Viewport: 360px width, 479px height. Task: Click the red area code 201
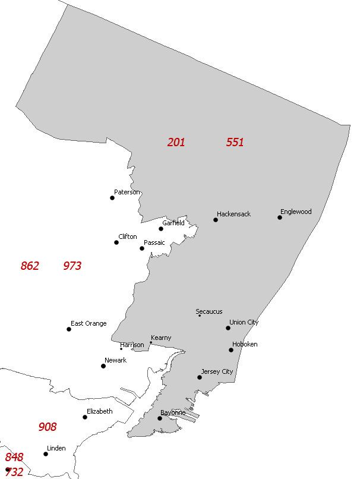[176, 142]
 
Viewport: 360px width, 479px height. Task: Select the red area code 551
[235, 142]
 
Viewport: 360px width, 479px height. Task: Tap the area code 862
[30, 266]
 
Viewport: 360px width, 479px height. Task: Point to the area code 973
[72, 266]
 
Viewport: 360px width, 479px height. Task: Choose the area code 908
[48, 427]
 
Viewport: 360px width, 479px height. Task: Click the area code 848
[14, 457]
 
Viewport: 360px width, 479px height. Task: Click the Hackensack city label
[233, 214]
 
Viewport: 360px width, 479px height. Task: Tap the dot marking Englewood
[280, 218]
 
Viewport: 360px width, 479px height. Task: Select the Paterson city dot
[112, 198]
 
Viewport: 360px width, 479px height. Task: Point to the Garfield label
[173, 223]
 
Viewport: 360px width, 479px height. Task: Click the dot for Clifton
[116, 242]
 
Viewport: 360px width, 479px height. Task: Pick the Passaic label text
[154, 242]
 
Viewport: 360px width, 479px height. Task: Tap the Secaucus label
[209, 311]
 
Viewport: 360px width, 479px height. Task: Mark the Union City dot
[228, 328]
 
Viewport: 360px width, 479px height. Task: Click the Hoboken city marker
[231, 350]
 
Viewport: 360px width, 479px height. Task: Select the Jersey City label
[217, 371]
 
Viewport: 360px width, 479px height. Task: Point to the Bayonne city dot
[160, 418]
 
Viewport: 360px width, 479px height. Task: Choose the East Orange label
[89, 323]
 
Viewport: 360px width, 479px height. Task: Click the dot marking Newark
[103, 366]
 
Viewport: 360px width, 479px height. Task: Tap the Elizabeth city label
[99, 411]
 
